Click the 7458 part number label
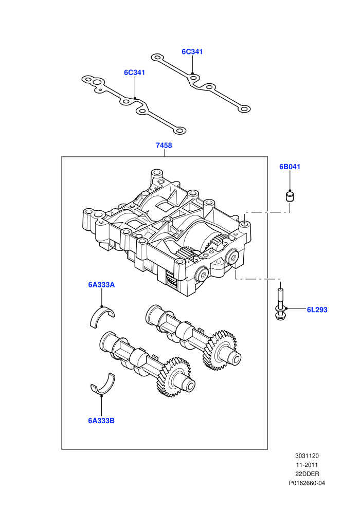pyautogui.click(x=164, y=146)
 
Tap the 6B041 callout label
pyautogui.click(x=290, y=167)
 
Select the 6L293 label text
pyautogui.click(x=317, y=310)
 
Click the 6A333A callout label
pyautogui.click(x=101, y=285)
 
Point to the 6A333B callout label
pyautogui.click(x=101, y=421)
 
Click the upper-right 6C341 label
pyautogui.click(x=192, y=51)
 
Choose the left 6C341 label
pyautogui.click(x=134, y=72)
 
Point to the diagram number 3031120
pyautogui.click(x=307, y=456)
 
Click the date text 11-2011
pyautogui.click(x=307, y=465)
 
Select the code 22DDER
pyautogui.click(x=307, y=474)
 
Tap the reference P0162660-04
pyautogui.click(x=307, y=483)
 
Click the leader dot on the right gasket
pyautogui.click(x=192, y=74)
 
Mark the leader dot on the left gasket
pyautogui.click(x=135, y=98)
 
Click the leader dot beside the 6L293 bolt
pyautogui.click(x=286, y=308)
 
